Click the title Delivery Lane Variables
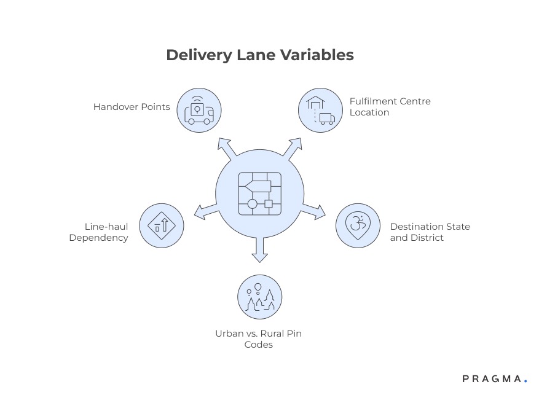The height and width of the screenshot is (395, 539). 259,55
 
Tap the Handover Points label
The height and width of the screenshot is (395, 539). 132,107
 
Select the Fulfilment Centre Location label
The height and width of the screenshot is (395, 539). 390,107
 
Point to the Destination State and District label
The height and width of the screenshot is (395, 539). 430,232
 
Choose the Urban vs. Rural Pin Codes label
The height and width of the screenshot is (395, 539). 258,339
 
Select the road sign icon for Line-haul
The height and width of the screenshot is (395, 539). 162,225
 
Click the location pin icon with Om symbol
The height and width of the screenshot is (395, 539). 358,225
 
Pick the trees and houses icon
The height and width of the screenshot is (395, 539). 259,297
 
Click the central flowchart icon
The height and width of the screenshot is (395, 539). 259,191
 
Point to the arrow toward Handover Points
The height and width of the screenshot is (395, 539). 226,148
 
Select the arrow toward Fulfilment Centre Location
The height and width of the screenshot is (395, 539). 293,148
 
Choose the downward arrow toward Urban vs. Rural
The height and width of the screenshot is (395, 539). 259,250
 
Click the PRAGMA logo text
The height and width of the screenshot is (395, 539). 491,379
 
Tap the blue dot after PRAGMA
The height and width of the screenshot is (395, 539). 525,382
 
